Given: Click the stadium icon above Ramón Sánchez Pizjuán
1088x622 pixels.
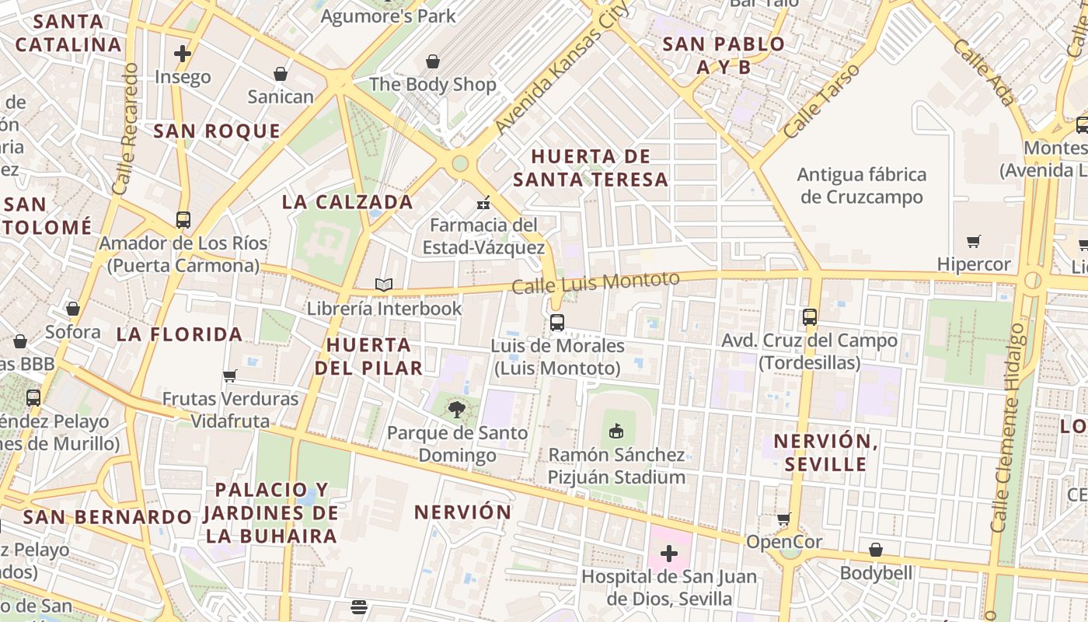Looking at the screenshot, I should click(616, 430).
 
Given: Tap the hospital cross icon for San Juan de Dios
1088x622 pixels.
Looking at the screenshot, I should click(668, 554).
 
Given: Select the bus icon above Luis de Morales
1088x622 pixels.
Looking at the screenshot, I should click(556, 322).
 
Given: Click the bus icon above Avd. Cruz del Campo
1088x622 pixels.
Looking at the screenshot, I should click(809, 316).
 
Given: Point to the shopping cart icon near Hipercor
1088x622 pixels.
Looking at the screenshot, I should click(973, 241).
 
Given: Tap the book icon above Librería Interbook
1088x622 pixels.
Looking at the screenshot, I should click(384, 285).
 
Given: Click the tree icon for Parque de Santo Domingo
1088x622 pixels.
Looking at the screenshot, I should click(457, 409).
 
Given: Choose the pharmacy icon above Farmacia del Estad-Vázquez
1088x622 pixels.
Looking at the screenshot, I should click(483, 203).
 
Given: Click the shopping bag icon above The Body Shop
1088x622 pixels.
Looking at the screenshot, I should click(433, 61).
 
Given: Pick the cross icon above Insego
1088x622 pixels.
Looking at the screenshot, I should click(183, 54).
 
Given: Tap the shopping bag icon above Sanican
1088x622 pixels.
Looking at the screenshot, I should click(280, 74).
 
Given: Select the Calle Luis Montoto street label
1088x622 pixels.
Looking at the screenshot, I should click(595, 281).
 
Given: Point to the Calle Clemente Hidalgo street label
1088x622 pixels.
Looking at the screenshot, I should click(1008, 428).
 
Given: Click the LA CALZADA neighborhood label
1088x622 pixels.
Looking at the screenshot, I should click(347, 202).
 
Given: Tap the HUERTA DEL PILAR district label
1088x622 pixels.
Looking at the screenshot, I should click(369, 356).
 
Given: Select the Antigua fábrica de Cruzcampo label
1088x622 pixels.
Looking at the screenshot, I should click(862, 186).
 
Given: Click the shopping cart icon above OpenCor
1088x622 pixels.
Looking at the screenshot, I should click(783, 519).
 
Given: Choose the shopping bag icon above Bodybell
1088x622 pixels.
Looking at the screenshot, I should click(876, 550).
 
